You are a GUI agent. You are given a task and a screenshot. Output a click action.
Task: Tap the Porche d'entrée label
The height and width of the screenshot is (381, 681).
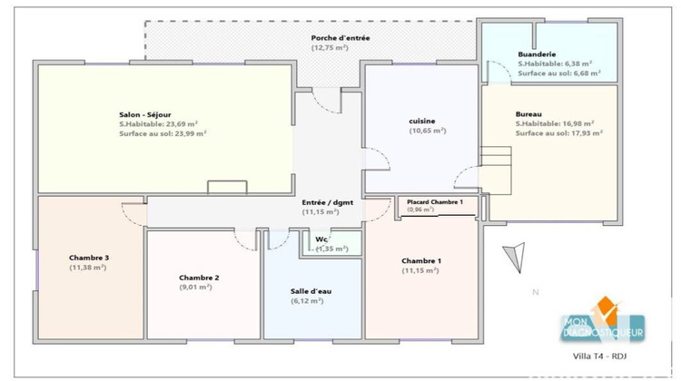(x=340, y=37)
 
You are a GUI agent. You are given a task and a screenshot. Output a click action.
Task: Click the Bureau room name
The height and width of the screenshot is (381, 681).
(x=529, y=113)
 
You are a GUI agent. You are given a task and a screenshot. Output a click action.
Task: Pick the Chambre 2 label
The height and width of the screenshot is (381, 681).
(x=199, y=278)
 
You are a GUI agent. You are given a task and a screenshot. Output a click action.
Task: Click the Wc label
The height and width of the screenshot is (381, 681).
(x=321, y=239)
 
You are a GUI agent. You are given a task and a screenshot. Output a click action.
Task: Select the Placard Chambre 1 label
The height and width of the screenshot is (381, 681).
(x=435, y=201)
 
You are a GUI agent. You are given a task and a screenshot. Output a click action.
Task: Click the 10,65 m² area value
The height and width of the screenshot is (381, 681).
(x=427, y=131)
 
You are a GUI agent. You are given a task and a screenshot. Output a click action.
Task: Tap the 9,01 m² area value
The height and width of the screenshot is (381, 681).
(x=196, y=288)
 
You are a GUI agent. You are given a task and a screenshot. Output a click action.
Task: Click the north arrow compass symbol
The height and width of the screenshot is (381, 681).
(x=514, y=257)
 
